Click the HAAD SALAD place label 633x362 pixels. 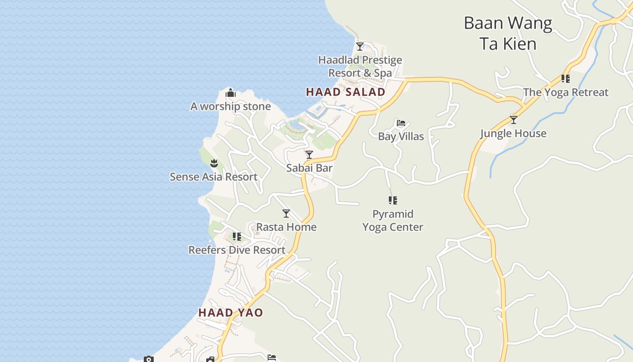pyautogui.click(x=345, y=92)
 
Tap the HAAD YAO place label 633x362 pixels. pyautogui.click(x=230, y=313)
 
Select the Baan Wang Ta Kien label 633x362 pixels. pyautogui.click(x=508, y=33)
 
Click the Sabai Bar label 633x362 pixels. pyautogui.click(x=309, y=168)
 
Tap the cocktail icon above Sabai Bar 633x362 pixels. pyautogui.click(x=309, y=155)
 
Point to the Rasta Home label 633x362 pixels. pyautogui.click(x=286, y=227)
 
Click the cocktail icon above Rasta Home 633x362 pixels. pyautogui.click(x=286, y=214)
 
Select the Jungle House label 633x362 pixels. pyautogui.click(x=513, y=133)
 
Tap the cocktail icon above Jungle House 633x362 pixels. pyautogui.click(x=513, y=120)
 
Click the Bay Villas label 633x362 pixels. pyautogui.click(x=401, y=136)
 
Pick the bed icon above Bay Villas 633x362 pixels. pyautogui.click(x=401, y=123)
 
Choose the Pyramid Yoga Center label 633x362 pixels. pyautogui.click(x=393, y=220)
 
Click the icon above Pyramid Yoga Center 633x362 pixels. pyautogui.click(x=393, y=200)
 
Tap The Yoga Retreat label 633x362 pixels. pyautogui.click(x=566, y=92)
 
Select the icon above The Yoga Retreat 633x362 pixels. pyautogui.click(x=566, y=79)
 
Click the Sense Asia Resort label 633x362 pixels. pyautogui.click(x=213, y=177)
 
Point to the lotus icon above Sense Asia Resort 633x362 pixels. pyautogui.click(x=214, y=163)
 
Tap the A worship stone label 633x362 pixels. pyautogui.click(x=231, y=106)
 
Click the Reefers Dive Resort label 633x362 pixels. pyautogui.click(x=237, y=250)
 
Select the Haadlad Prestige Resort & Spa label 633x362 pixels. pyautogui.click(x=360, y=67)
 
